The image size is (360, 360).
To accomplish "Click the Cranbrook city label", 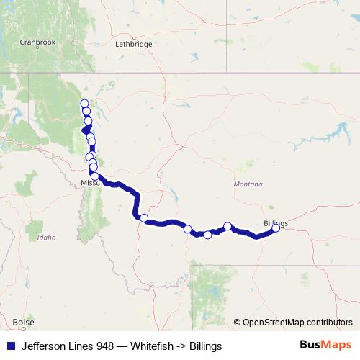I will (x=37, y=42).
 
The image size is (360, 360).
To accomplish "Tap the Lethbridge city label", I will (x=134, y=44).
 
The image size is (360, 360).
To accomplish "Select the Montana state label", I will (x=248, y=184).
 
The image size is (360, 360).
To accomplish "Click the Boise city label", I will (x=23, y=322).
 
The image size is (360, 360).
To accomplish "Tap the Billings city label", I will (x=276, y=223).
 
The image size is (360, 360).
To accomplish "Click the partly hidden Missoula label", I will (x=90, y=183).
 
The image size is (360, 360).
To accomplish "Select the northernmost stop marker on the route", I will (x=84, y=104).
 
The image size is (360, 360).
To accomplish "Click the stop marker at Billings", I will (x=276, y=229).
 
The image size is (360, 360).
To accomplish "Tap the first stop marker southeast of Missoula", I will (x=144, y=218).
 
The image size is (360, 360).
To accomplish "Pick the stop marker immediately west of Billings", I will (x=228, y=226).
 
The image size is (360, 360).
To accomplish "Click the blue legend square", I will (x=10, y=346).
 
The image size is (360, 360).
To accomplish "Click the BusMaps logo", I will (x=325, y=346).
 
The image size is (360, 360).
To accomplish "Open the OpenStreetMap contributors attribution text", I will (x=297, y=323).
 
